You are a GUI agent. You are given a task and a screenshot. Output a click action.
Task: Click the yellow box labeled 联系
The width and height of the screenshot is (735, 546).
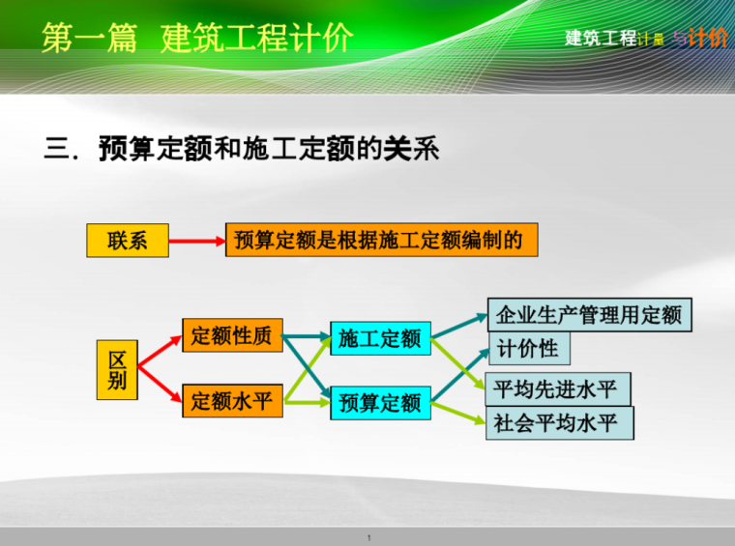point(127,241)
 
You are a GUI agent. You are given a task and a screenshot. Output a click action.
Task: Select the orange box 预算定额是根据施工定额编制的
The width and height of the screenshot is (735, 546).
point(381,240)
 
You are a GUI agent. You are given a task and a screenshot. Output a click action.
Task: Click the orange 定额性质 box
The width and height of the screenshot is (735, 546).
point(232,336)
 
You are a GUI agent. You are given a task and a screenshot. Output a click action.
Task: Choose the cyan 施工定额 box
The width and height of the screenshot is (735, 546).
point(380,338)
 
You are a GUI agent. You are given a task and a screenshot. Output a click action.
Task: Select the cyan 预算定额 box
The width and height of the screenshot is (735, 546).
point(380,402)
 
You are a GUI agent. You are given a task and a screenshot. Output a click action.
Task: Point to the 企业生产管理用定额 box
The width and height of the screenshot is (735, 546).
point(589,315)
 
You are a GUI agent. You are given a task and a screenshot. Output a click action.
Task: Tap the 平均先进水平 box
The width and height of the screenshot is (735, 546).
point(555,389)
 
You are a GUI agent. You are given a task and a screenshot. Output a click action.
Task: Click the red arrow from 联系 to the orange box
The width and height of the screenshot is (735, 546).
point(196,241)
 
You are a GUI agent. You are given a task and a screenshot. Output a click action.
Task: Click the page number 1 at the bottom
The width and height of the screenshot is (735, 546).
point(368,537)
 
